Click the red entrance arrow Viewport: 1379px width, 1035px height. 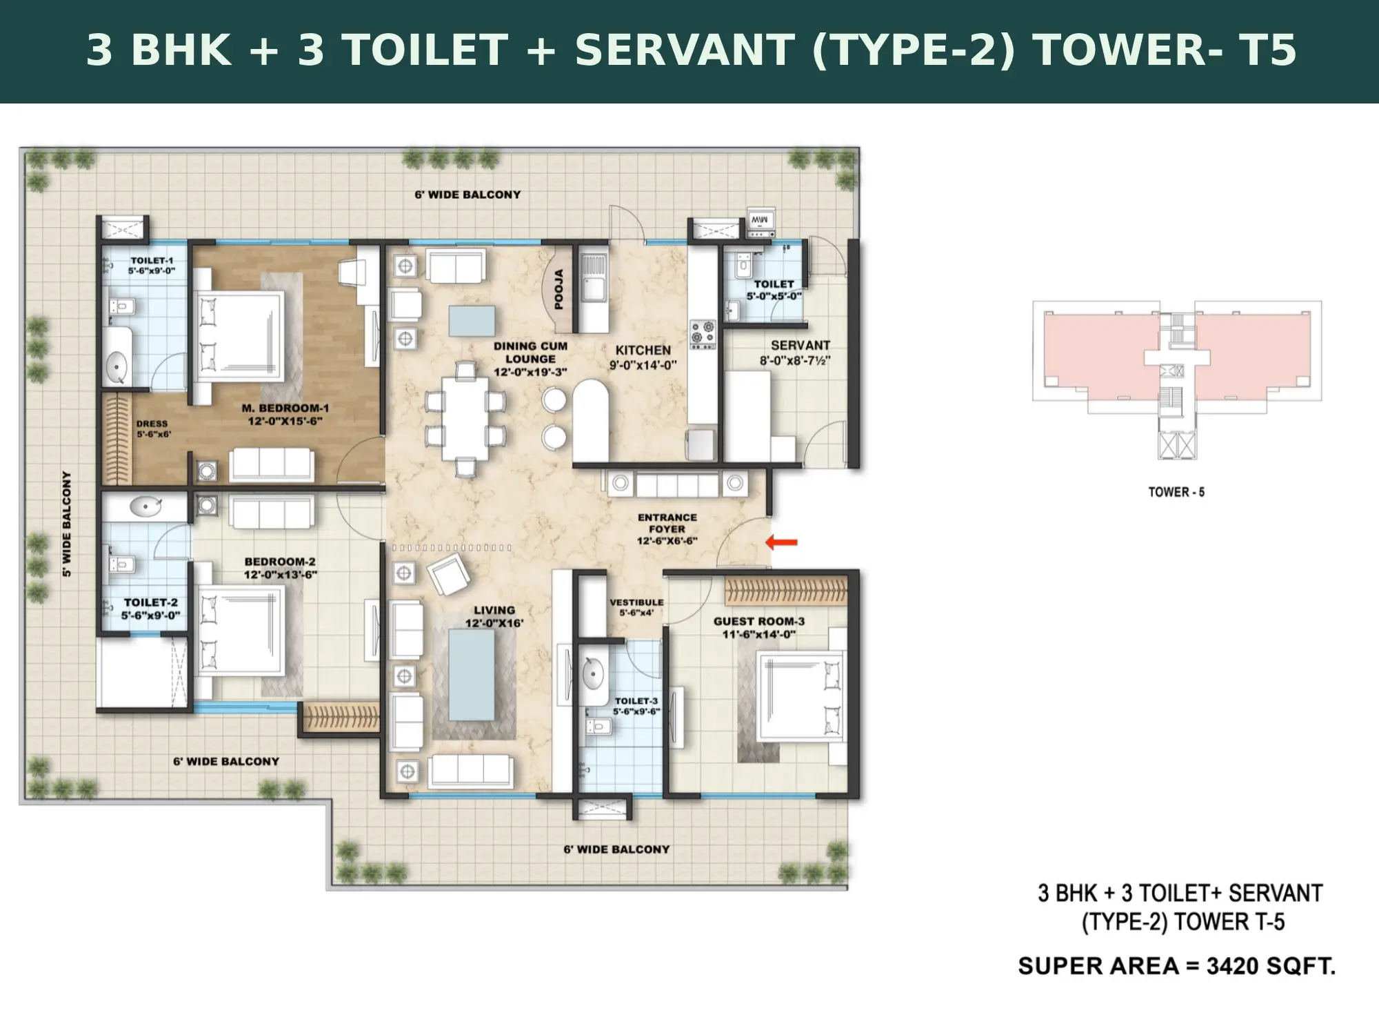[782, 543]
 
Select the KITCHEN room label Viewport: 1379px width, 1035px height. [643, 351]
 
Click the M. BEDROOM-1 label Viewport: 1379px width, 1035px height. [285, 408]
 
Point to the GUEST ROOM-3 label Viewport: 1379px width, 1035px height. [759, 622]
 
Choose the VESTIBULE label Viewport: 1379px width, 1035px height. [636, 602]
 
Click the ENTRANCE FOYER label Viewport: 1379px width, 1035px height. [667, 523]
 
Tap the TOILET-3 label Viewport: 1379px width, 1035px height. [636, 701]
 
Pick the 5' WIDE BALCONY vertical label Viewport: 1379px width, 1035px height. [67, 524]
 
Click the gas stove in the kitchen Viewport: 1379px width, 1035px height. [703, 334]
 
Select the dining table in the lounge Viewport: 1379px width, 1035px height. [465, 419]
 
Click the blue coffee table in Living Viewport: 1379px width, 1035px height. [472, 675]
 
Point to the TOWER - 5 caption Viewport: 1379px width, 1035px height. [1176, 492]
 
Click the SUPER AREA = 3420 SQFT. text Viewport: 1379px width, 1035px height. [1177, 966]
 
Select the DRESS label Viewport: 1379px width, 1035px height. [152, 424]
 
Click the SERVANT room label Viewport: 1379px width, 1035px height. [800, 345]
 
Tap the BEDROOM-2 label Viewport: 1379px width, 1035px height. [280, 562]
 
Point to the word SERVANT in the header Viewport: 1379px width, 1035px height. [685, 50]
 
